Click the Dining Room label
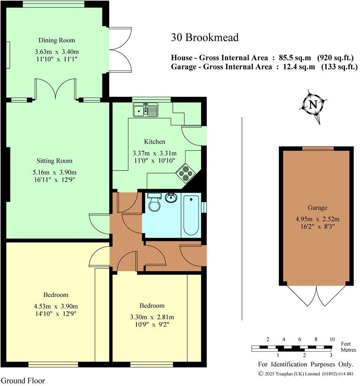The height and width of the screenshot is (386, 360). (x=57, y=40)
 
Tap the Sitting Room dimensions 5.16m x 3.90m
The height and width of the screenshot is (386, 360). (x=56, y=172)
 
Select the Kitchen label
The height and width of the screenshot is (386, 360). (x=155, y=141)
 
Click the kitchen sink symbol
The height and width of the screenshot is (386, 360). (x=145, y=110)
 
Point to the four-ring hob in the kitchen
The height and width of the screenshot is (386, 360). (x=185, y=173)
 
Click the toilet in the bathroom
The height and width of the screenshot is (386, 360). (x=154, y=202)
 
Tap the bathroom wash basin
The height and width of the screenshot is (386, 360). (x=170, y=198)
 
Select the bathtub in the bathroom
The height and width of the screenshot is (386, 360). (x=191, y=215)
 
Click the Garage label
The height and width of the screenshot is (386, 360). (x=317, y=208)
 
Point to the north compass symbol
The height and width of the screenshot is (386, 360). (x=313, y=105)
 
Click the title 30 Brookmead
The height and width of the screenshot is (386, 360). (x=205, y=38)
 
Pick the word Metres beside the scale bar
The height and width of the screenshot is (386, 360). (x=349, y=350)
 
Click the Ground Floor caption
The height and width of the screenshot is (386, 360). (x=23, y=381)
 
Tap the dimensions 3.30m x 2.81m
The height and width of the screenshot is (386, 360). (x=152, y=317)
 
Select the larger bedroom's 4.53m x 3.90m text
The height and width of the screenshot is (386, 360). (x=56, y=306)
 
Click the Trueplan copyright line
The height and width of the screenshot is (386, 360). (x=306, y=374)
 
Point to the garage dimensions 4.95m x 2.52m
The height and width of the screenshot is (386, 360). (x=317, y=219)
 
